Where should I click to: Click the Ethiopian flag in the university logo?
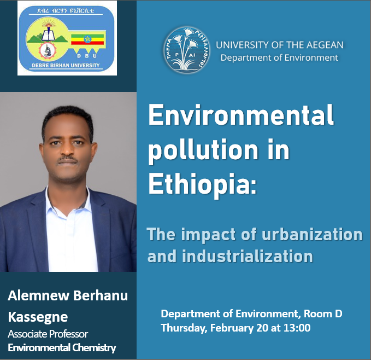coord(87,39)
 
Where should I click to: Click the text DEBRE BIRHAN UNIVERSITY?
coord(66,65)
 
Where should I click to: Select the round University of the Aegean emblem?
coord(186,49)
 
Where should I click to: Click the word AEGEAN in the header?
coord(325,45)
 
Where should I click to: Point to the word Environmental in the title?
coord(241,115)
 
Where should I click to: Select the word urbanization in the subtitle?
coord(312,235)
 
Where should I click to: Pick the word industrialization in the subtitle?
coord(248,257)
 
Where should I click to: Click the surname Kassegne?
coord(38,317)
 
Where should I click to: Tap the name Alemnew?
coord(39,295)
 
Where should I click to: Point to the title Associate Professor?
coord(48,334)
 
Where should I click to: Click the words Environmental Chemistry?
coord(62,347)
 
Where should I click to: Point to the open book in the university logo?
coord(49,36)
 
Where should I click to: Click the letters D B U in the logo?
coord(87,56)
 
